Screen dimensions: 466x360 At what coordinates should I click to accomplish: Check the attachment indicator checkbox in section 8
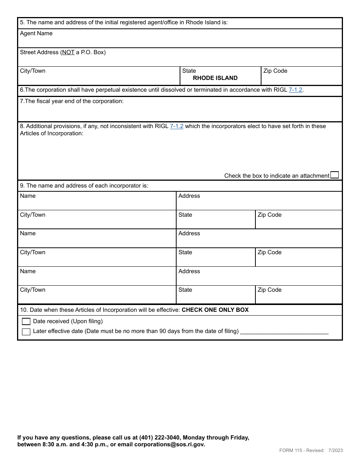pyautogui.click(x=334, y=175)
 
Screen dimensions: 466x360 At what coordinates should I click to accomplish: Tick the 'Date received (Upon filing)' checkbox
pyautogui.click(x=26, y=322)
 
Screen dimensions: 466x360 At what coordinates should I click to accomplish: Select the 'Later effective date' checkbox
pyautogui.click(x=26, y=332)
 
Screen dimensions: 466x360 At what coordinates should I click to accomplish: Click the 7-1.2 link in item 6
pyautogui.click(x=296, y=90)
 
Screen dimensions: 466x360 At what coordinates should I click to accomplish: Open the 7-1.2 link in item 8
pyautogui.click(x=177, y=126)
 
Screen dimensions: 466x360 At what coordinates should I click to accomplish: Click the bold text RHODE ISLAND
pyautogui.click(x=215, y=78)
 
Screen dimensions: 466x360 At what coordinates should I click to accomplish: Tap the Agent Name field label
pyautogui.click(x=36, y=33)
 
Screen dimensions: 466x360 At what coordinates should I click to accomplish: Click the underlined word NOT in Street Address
pyautogui.click(x=68, y=52)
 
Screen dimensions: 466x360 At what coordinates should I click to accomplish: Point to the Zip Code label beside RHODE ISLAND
pyautogui.click(x=275, y=71)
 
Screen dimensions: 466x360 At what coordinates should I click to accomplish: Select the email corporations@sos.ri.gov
pyautogui.click(x=169, y=444)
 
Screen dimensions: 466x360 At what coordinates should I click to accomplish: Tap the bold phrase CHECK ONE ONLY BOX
pyautogui.click(x=215, y=310)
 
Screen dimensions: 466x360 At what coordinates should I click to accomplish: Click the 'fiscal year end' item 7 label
pyautogui.click(x=72, y=101)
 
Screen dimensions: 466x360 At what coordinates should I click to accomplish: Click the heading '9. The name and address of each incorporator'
pyautogui.click(x=84, y=186)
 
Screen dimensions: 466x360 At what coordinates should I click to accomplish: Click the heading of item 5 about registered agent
pyautogui.click(x=124, y=22)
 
